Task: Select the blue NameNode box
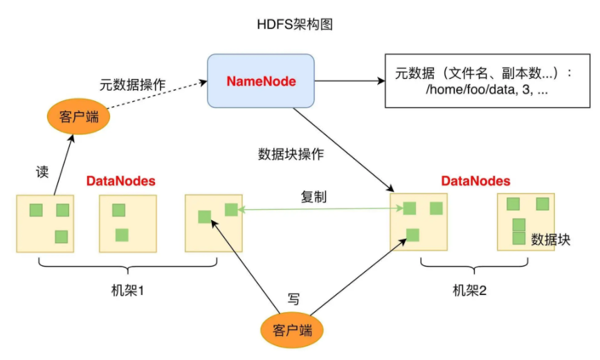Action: coord(261,82)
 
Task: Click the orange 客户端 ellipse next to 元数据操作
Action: coord(73,116)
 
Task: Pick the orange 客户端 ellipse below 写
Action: coord(293,330)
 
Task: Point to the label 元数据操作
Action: coord(133,84)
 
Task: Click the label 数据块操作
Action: coord(290,154)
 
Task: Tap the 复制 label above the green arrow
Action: coord(313,197)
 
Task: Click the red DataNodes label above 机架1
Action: coord(120,181)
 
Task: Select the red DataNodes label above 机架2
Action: coord(475,181)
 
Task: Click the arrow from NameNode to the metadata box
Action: coord(349,82)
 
